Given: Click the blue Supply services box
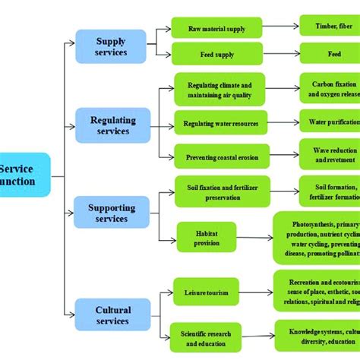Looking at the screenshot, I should (111, 46).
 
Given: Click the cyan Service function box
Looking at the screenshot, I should (23, 175).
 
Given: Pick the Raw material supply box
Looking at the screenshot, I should (216, 29).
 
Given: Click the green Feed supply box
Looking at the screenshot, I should (216, 54).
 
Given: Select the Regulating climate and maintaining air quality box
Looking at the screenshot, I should (219, 89).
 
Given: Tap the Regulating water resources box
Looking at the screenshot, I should (221, 123).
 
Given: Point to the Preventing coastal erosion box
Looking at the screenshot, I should (221, 156).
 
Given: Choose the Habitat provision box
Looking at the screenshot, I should (206, 237).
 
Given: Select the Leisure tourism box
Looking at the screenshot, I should (205, 292).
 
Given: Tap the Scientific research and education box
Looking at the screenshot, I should (205, 337).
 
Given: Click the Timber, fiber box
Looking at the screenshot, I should (329, 26).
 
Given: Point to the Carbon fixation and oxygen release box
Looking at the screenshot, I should (329, 90).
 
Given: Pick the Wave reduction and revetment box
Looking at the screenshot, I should (329, 154).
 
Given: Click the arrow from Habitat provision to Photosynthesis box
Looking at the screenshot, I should (254, 238).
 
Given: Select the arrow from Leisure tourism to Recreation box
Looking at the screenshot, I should (256, 292).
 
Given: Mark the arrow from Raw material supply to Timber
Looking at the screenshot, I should (280, 27).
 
